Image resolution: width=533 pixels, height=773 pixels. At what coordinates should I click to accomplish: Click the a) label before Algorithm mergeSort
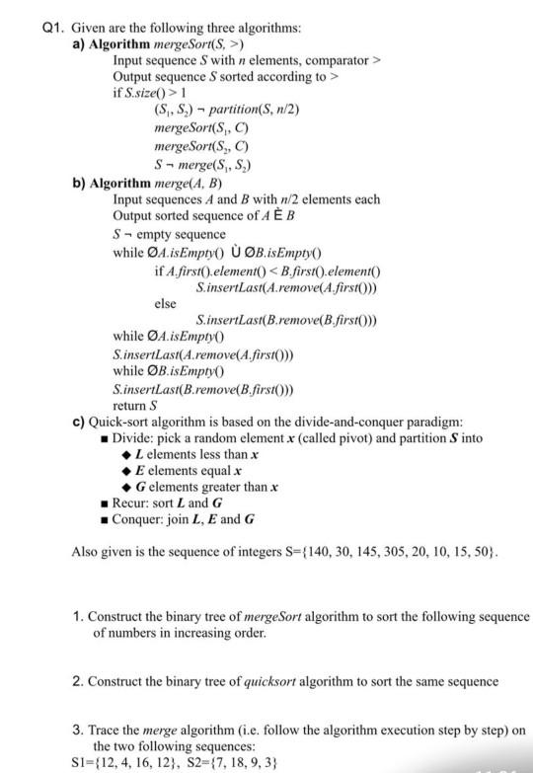(81, 44)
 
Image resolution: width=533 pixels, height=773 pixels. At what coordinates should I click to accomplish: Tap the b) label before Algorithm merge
(81, 183)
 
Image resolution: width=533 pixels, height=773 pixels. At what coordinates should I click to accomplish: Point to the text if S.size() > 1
(147, 92)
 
